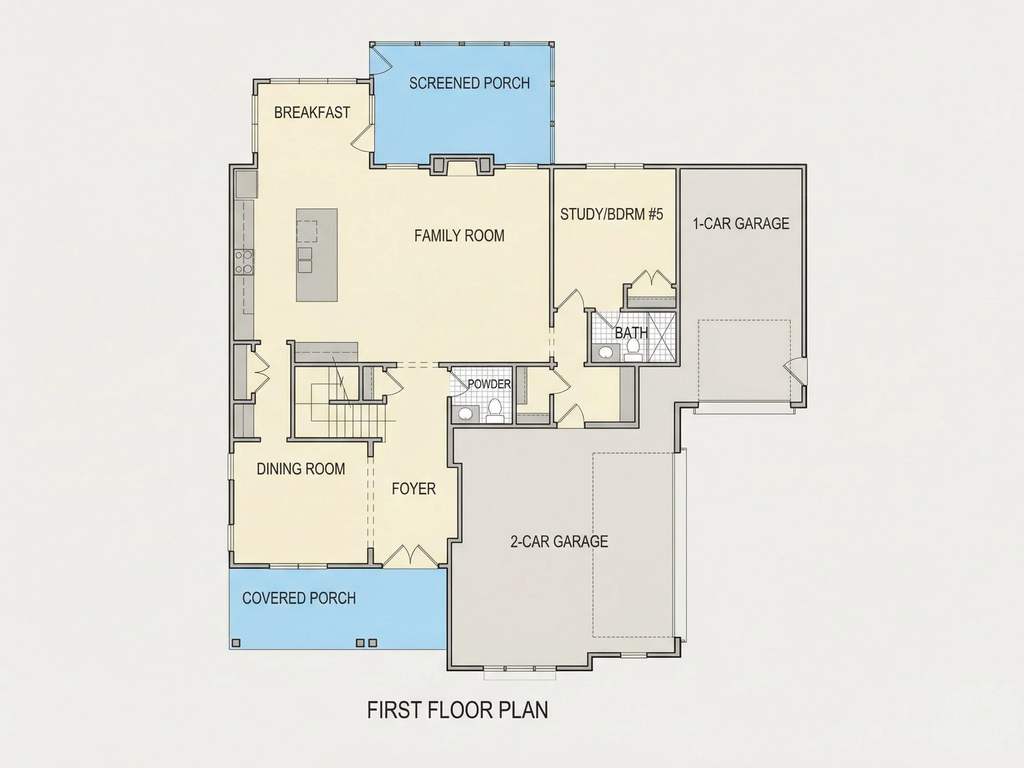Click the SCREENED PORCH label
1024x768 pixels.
(x=469, y=83)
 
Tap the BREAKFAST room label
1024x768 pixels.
(x=312, y=112)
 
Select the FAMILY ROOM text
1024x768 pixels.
(x=459, y=236)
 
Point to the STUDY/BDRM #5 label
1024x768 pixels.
(x=612, y=214)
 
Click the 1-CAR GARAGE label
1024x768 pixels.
(x=741, y=224)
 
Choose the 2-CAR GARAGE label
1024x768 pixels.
(x=559, y=541)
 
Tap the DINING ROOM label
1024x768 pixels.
(x=301, y=469)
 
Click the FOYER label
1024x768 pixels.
(x=413, y=489)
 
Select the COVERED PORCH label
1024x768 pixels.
(x=299, y=598)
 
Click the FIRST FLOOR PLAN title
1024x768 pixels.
(x=457, y=710)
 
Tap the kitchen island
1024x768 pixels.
(x=316, y=255)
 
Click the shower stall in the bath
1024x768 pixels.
(x=661, y=336)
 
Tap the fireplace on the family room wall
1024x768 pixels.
(x=461, y=165)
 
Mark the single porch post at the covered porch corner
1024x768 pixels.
(x=236, y=643)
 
